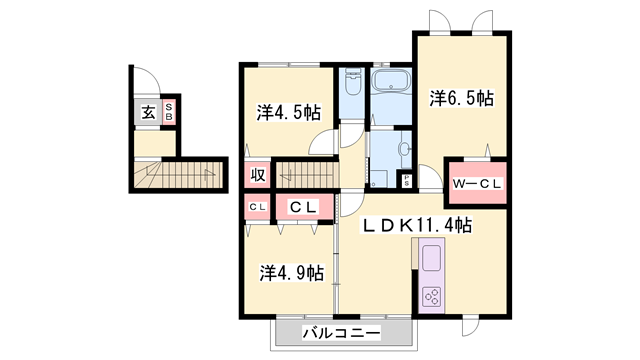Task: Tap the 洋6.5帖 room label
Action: [x=461, y=98]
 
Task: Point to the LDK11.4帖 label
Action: [x=424, y=227]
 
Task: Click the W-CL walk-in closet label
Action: [x=477, y=185]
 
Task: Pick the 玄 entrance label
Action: [x=148, y=113]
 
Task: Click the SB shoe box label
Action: [x=169, y=112]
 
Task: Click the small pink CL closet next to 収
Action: [x=256, y=208]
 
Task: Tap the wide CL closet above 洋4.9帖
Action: [x=304, y=208]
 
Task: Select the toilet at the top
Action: [x=352, y=77]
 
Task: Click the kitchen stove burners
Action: [x=434, y=296]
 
